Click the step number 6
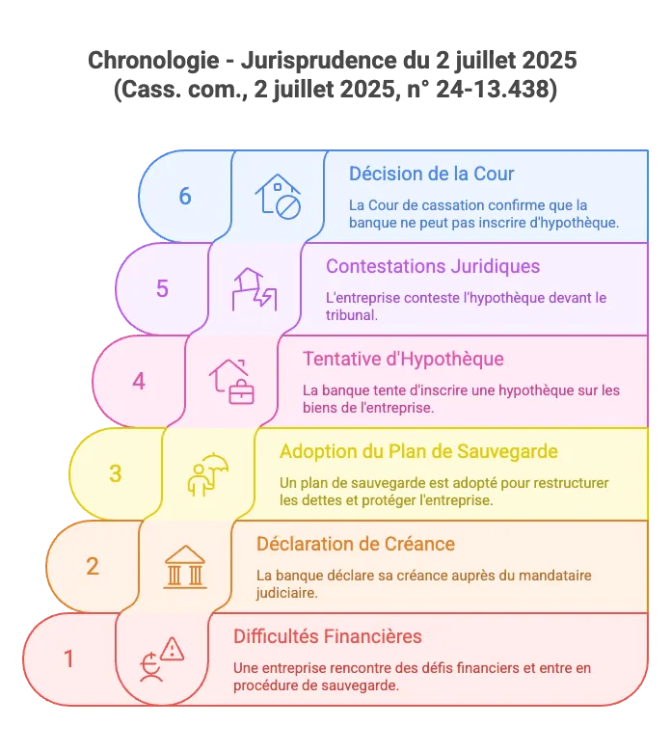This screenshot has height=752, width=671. tap(185, 196)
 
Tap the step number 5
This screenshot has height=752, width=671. tap(162, 288)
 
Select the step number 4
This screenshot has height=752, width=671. tap(139, 381)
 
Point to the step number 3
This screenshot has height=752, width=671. tap(116, 473)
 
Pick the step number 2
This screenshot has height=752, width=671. tap(93, 566)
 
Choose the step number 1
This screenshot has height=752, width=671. tap(69, 658)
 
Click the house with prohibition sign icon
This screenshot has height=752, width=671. tap(278, 197)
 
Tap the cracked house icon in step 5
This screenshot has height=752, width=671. tap(255, 289)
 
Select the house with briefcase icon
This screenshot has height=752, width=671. tap(231, 382)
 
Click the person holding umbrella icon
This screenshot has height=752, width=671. tap(208, 474)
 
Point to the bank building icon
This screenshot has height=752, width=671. tap(185, 567)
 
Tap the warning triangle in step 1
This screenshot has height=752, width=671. tap(173, 650)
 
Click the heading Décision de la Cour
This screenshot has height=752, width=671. tap(431, 174)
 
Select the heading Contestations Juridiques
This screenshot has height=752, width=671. tap(433, 266)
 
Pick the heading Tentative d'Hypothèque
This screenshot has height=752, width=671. tap(403, 359)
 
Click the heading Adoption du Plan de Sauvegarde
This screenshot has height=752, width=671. tap(418, 451)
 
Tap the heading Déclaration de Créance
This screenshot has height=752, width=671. tap(356, 544)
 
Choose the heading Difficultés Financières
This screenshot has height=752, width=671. tap(328, 636)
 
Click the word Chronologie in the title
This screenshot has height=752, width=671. tap(153, 61)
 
